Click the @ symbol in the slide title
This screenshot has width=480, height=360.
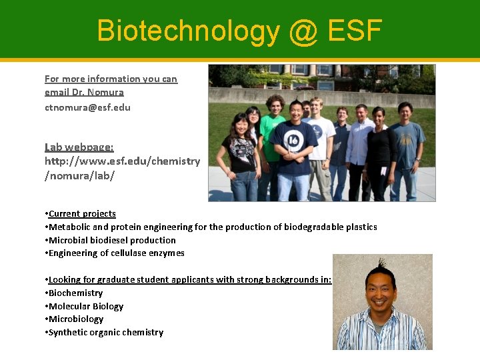pyautogui.click(x=303, y=31)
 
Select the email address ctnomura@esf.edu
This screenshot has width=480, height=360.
pyautogui.click(x=87, y=107)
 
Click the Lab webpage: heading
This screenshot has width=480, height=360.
pyautogui.click(x=79, y=147)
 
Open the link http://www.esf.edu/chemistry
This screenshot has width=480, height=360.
pyautogui.click(x=122, y=161)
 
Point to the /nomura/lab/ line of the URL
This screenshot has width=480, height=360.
pyautogui.click(x=79, y=175)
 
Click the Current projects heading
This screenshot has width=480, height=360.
pyautogui.click(x=82, y=213)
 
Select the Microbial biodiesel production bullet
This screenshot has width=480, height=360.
pyautogui.click(x=112, y=240)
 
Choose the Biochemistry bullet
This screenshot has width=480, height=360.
pyautogui.click(x=75, y=293)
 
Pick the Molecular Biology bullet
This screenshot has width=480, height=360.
pyautogui.click(x=86, y=306)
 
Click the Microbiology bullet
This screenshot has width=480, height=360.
pyautogui.click(x=75, y=319)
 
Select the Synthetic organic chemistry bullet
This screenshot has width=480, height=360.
pyautogui.click(x=105, y=332)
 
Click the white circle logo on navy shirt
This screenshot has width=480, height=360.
pyautogui.click(x=293, y=139)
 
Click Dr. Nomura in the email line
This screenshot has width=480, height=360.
pyautogui.click(x=105, y=92)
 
